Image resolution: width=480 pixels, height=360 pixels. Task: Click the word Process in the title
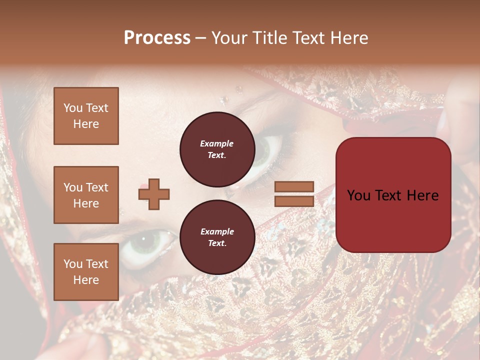point(157,38)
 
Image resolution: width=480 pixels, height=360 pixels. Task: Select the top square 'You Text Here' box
point(86,116)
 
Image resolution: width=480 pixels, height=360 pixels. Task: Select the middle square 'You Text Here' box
point(86,195)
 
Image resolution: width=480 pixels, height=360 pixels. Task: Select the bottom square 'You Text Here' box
point(86,271)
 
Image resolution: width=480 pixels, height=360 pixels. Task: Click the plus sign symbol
point(154,194)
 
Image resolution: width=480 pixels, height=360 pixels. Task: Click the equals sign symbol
point(294,194)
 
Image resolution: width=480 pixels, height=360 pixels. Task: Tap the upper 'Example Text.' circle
point(217,149)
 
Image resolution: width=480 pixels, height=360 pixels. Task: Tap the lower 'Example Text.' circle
point(217,237)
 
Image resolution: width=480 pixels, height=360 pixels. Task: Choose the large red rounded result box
point(393,195)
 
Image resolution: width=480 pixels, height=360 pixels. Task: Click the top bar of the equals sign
point(294,186)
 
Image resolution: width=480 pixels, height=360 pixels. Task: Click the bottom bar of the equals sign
point(294,201)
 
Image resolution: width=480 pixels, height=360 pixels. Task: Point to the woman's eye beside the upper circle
point(267,150)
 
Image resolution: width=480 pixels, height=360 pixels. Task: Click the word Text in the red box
point(389,195)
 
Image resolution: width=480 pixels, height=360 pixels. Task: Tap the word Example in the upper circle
point(217,143)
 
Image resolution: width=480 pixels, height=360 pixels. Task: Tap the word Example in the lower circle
point(217,231)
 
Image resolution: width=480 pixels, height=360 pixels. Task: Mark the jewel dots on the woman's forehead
point(239,90)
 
